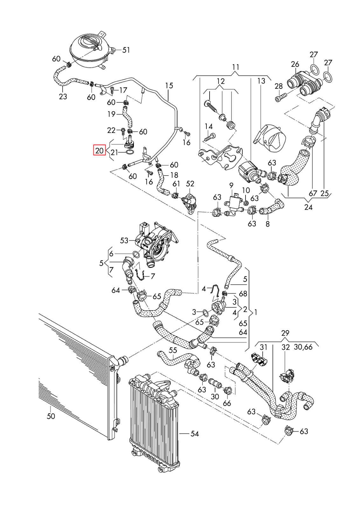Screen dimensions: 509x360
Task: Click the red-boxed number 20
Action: pos(100,150)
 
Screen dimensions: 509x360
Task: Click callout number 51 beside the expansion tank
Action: pos(126,50)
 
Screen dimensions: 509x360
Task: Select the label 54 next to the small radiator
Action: pos(195,434)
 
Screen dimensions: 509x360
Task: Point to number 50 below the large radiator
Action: pos(51,416)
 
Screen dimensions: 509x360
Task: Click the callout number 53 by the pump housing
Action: pos(124,241)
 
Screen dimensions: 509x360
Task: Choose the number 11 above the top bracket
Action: pos(236,67)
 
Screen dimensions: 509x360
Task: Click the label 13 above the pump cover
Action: pos(261,81)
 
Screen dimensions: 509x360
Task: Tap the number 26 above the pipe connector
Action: pos(295,64)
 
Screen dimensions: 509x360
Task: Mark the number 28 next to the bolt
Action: pos(279,86)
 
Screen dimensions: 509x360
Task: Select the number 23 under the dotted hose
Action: pos(63,96)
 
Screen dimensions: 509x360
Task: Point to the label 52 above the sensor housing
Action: pos(190,184)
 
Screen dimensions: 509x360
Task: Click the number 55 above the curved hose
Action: pos(173,350)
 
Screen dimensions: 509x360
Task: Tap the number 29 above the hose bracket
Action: pos(285,333)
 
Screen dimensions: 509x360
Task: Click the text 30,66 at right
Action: pos(303,347)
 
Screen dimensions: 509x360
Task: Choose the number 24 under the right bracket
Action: pos(308,207)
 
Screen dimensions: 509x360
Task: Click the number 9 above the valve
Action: pos(231,185)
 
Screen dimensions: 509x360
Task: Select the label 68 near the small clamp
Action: pos(243,293)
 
